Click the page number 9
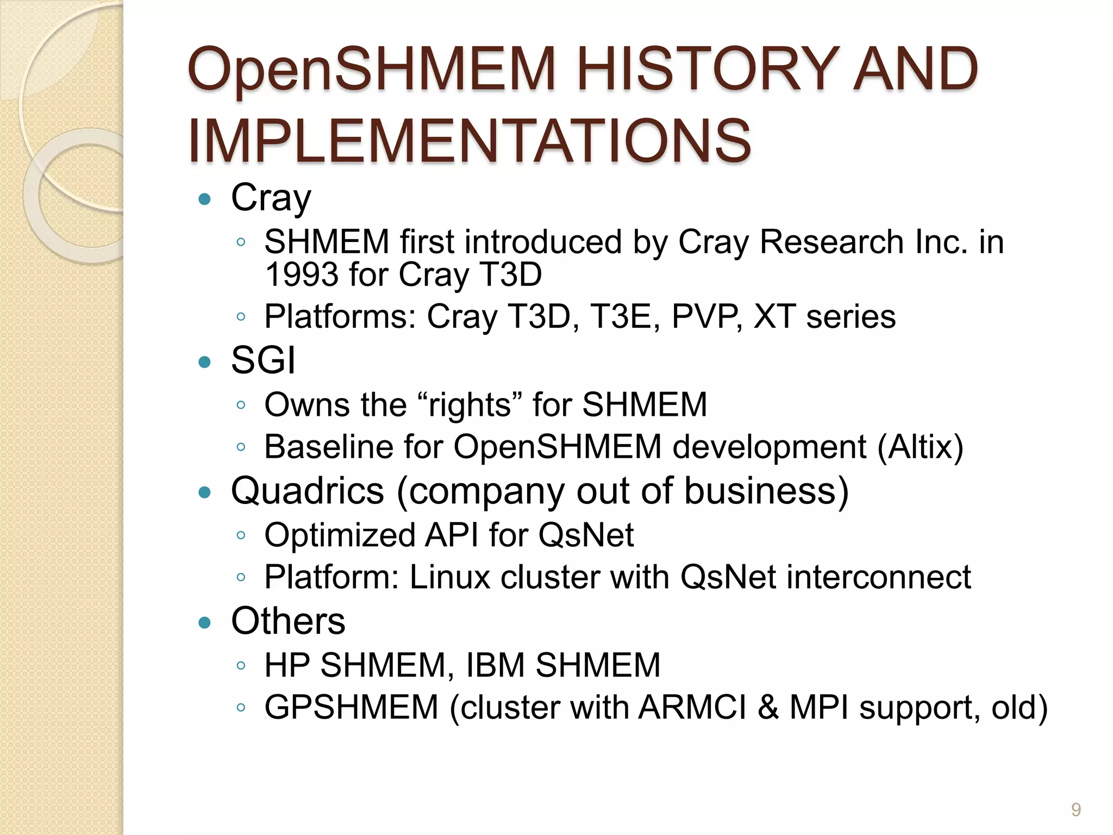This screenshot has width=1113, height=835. point(1076,809)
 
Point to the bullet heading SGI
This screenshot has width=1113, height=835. point(263,360)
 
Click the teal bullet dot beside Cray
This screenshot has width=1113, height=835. point(205,199)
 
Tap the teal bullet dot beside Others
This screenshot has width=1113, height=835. point(205,622)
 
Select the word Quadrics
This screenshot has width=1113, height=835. point(308,491)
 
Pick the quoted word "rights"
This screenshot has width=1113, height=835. point(471,406)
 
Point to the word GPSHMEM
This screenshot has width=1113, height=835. point(351,707)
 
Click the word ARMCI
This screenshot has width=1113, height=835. point(692,707)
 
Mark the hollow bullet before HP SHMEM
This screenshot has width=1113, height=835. point(241,665)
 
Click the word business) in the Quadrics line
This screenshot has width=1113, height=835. point(766,491)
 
